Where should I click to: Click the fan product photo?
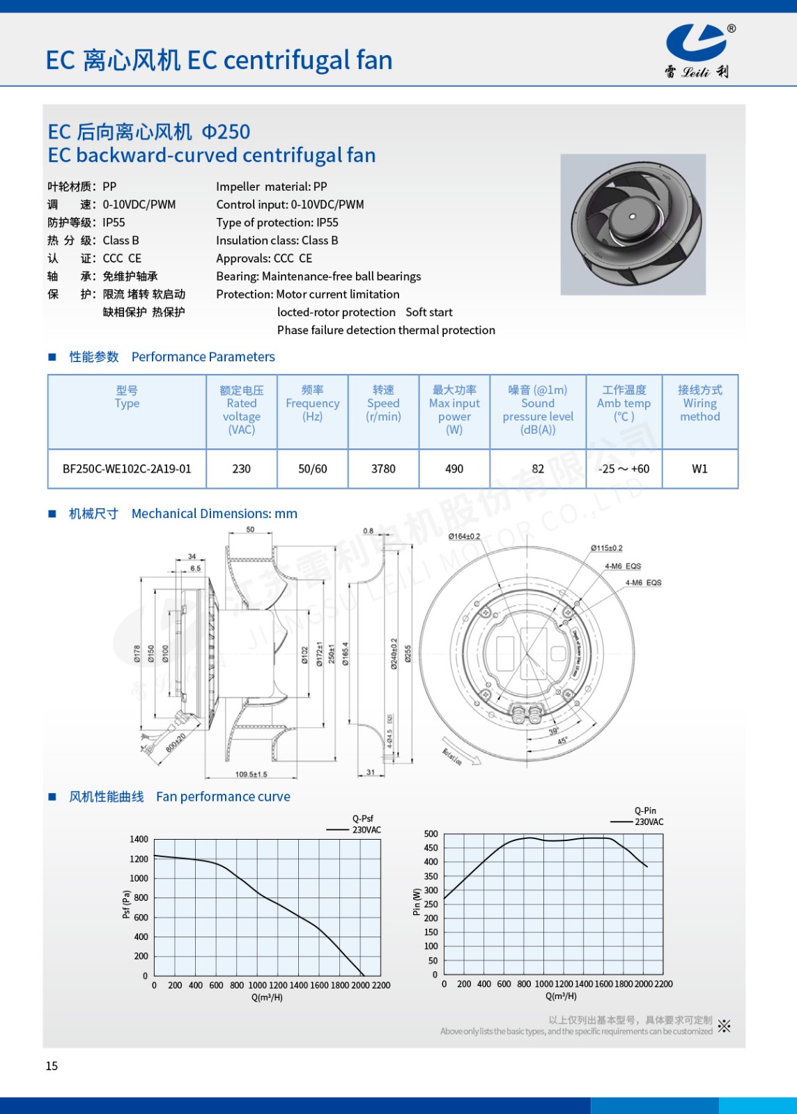[x=633, y=224]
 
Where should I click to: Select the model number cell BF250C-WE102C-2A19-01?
[x=127, y=469]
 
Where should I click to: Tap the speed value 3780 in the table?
[x=383, y=469]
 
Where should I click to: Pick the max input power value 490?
[x=454, y=469]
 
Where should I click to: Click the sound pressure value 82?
[x=538, y=469]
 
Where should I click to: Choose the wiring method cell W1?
[x=699, y=469]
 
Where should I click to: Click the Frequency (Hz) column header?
[x=312, y=404]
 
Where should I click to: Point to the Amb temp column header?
[x=624, y=404]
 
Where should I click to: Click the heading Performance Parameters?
[x=203, y=357]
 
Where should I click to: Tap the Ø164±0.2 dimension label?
[x=464, y=536]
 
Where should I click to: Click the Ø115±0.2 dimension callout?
[x=606, y=549]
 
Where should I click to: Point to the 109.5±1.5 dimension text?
[x=251, y=774]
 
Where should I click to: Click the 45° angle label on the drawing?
[x=562, y=742]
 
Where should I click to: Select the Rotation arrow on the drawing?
[x=460, y=752]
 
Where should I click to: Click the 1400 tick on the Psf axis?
[x=139, y=840]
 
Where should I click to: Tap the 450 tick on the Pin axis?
[x=431, y=848]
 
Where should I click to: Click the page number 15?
[x=52, y=1066]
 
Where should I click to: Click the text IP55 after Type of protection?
[x=327, y=223]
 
